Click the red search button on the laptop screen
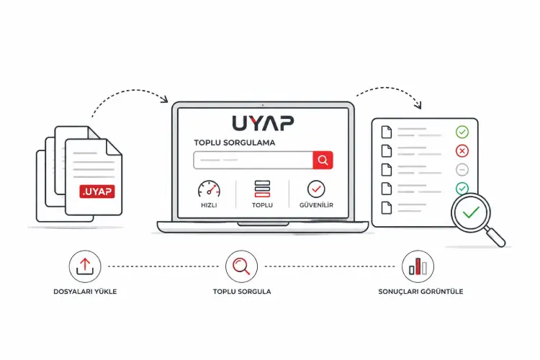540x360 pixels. [x=323, y=160]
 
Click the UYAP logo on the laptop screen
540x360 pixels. [x=263, y=123]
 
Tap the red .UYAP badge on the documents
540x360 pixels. [x=97, y=192]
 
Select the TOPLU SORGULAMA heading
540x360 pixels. [x=235, y=143]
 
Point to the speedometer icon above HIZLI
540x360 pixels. [x=209, y=189]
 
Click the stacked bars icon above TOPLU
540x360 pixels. [x=262, y=189]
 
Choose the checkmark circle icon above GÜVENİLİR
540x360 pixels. [x=316, y=189]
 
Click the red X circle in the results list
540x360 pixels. [x=462, y=151]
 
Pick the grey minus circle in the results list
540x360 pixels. [x=462, y=170]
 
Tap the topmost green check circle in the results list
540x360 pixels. [x=462, y=132]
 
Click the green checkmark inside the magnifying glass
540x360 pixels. [x=471, y=212]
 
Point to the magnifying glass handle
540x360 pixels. [x=495, y=237]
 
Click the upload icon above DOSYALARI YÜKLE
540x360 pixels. [x=85, y=266]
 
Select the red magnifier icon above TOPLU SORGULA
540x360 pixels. [x=241, y=266]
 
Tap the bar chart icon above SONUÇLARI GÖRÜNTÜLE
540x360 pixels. [x=418, y=266]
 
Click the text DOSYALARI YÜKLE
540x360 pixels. [x=85, y=292]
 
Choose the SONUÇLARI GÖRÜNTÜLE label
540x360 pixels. [x=420, y=292]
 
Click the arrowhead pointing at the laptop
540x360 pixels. [x=164, y=99]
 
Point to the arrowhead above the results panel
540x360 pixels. [x=418, y=104]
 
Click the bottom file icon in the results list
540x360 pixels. [x=387, y=208]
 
